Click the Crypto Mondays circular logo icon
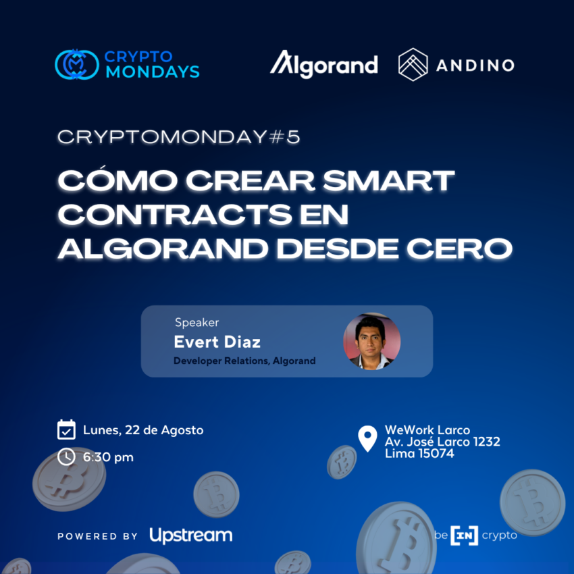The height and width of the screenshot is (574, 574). coord(77,64)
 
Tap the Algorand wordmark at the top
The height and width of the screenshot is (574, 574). coord(324,64)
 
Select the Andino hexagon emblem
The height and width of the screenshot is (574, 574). coord(413,64)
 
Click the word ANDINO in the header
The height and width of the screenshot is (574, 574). coord(475,66)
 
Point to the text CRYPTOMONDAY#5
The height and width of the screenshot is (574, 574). coord(179,137)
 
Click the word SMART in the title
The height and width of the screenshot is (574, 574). coord(388,180)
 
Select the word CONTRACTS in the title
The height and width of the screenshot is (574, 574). coord(175,214)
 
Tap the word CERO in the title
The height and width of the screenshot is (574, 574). coord(459,249)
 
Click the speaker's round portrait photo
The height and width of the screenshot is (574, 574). coord(371,341)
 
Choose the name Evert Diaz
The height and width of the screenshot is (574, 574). coord(217,342)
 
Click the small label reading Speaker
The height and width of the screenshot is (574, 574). coord(197,323)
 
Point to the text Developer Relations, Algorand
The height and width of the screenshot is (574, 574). coord(244,361)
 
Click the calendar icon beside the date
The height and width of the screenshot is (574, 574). coord(67,429)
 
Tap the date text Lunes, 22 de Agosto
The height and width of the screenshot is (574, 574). coord(143,430)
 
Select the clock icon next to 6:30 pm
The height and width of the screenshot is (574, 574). coord(67,457)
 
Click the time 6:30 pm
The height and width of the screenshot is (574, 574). coord(108,457)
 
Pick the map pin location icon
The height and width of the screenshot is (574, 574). coord(367,438)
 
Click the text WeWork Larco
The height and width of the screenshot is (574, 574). coord(427,429)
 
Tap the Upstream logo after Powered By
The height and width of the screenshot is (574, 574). coord(191,536)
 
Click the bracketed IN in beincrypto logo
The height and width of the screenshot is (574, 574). coord(464,536)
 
